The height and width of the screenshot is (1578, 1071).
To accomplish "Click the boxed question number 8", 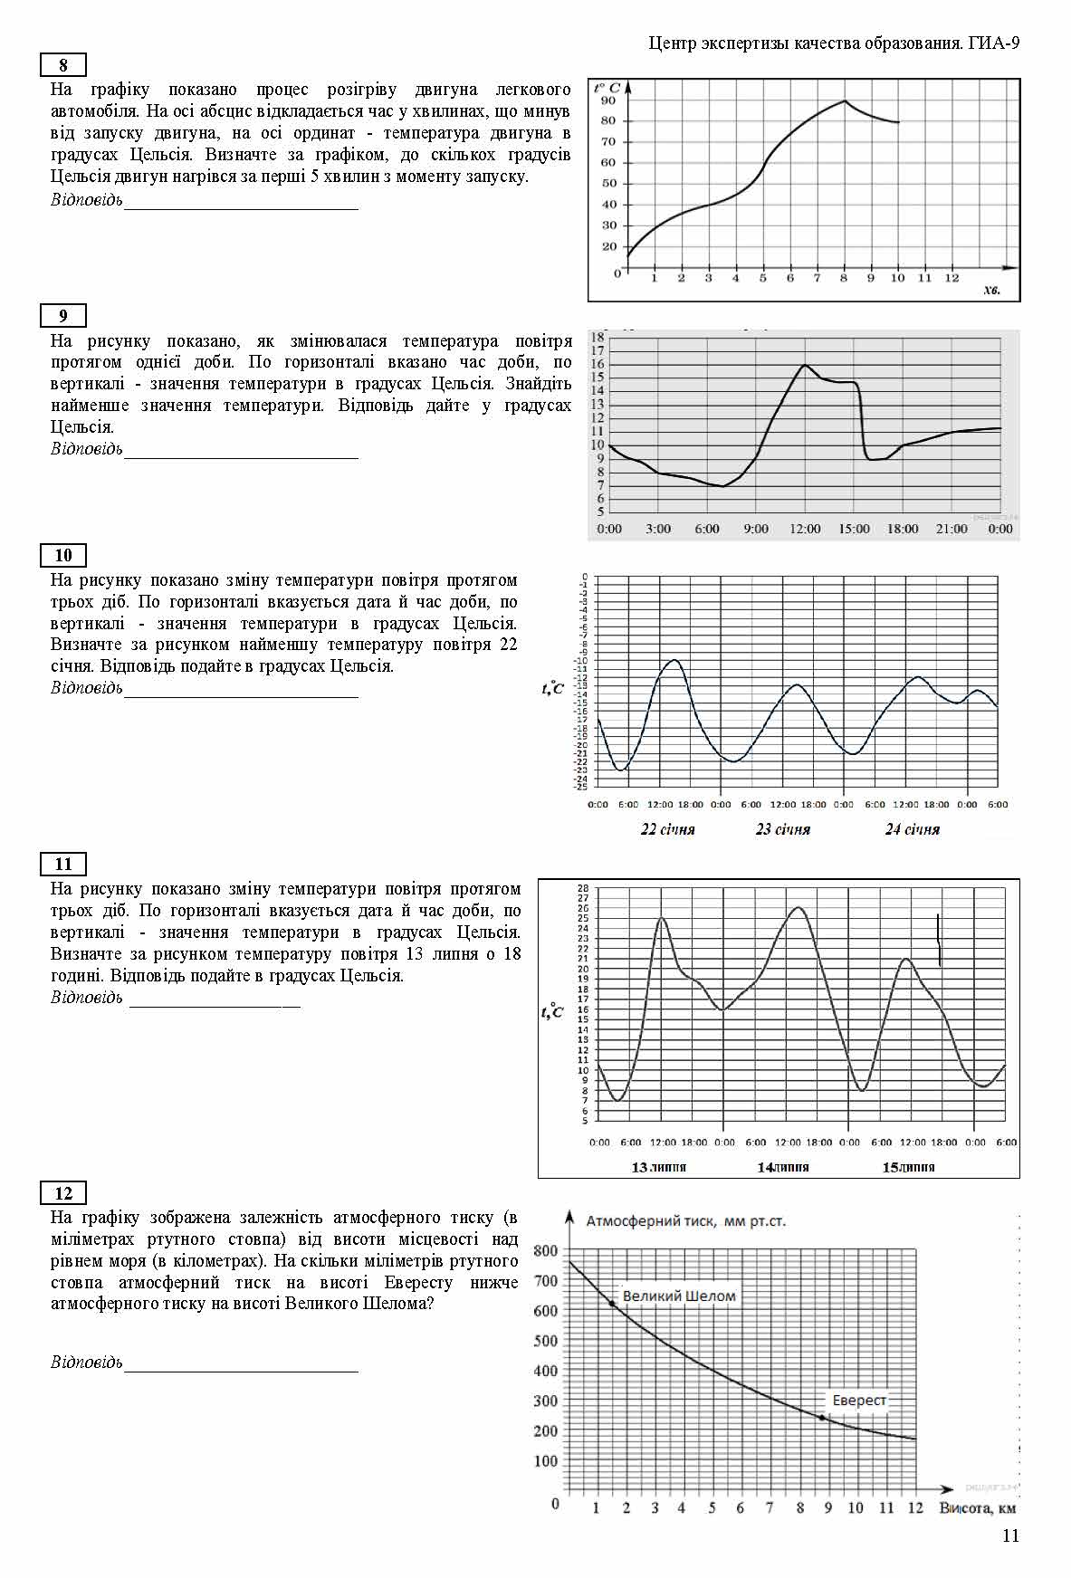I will coord(62,65).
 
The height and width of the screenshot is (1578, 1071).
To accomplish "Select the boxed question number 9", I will coord(62,316).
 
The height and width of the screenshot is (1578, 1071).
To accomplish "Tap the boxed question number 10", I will coord(62,556).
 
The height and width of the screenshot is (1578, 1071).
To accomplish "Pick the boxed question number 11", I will coord(62,865).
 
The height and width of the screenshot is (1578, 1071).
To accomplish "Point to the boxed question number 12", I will coord(62,1193).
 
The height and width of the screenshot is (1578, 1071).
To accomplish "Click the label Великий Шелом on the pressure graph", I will coord(679,1296).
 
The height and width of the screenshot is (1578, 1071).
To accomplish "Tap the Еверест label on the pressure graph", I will coord(858,1400).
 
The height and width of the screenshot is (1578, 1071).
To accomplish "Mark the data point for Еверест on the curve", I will coord(822,1418).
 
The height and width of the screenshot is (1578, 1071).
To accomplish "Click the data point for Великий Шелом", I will coord(612,1304).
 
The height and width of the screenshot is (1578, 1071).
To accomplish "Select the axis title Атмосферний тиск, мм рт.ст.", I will coord(685,1220).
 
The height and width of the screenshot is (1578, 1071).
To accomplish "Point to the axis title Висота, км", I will coord(977,1507).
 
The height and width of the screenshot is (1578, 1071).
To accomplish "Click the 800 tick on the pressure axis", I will coord(546,1251).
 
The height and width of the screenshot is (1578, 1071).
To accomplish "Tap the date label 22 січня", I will coord(667,829).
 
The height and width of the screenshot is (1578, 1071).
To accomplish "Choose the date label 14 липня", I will coord(782,1167).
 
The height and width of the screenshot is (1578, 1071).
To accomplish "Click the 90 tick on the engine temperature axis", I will coord(607,100).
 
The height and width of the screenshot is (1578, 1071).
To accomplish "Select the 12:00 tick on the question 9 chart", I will coord(805,529).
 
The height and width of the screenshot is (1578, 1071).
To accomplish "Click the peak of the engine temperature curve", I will coord(845,100).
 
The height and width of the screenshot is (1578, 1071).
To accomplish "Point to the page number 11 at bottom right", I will coord(1010,1535).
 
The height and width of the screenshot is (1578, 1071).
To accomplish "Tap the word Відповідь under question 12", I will coord(86,1363).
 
